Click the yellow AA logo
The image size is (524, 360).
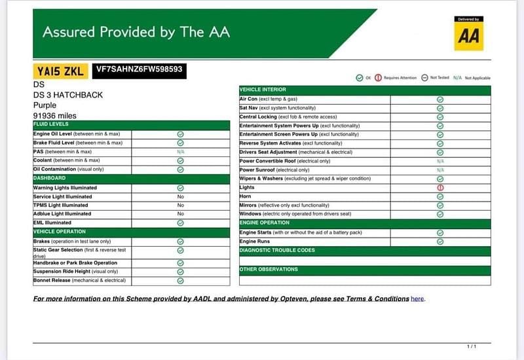468,34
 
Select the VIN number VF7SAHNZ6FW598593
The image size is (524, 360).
139,69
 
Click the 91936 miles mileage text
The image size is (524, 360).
54,115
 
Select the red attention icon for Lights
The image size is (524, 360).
440,188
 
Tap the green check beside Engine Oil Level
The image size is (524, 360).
180,134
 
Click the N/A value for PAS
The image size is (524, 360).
180,151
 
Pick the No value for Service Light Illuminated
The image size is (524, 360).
180,196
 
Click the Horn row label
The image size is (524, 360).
246,196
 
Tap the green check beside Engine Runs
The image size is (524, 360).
440,242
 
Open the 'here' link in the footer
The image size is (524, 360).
417,299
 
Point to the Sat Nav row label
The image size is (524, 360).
249,107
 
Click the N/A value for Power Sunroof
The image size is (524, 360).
440,170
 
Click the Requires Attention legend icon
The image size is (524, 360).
378,78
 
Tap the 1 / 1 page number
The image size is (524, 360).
471,346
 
